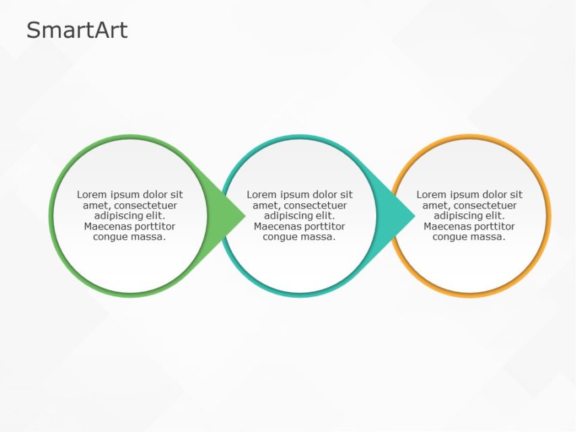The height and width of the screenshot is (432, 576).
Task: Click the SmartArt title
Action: pos(76,30)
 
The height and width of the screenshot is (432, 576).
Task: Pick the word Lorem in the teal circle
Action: pos(261,194)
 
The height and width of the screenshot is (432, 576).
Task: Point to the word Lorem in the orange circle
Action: pos(431,194)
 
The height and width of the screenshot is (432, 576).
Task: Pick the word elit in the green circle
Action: pos(155,216)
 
